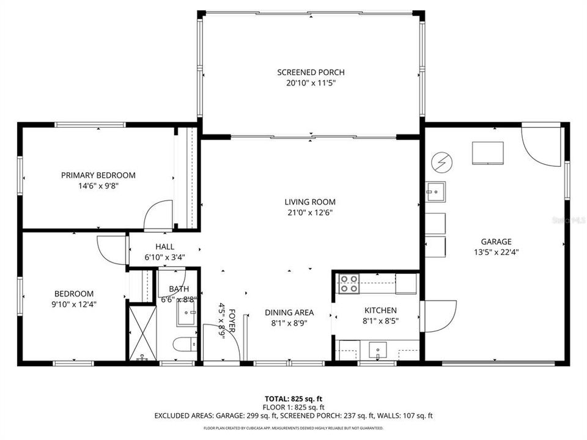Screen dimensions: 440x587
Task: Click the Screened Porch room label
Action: [x=311, y=72]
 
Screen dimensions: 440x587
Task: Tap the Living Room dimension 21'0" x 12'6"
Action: [x=311, y=213]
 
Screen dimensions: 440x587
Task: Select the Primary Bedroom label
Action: [x=98, y=175]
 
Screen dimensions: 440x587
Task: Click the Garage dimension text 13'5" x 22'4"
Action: [x=496, y=251]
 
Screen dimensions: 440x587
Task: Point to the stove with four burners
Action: [x=349, y=284]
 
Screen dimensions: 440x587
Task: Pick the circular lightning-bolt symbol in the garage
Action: [x=440, y=163]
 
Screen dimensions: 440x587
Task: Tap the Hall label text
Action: [x=164, y=247]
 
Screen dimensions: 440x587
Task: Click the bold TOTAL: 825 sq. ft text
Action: [x=293, y=398]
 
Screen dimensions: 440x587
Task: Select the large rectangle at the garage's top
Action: [x=487, y=153]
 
